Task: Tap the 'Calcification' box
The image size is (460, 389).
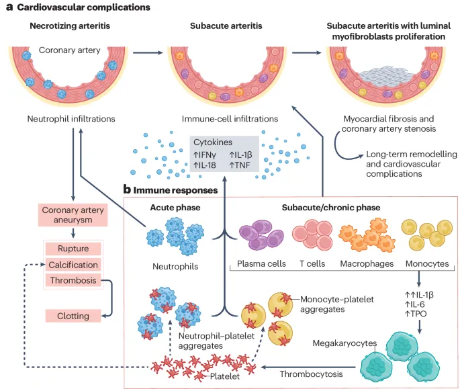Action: click(72, 265)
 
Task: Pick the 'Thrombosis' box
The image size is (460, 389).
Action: click(72, 280)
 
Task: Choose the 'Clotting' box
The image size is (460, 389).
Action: click(72, 315)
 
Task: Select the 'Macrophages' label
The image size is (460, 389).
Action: click(367, 264)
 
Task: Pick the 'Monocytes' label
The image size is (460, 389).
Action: click(427, 264)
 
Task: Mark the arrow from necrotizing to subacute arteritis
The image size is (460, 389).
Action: click(147, 52)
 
